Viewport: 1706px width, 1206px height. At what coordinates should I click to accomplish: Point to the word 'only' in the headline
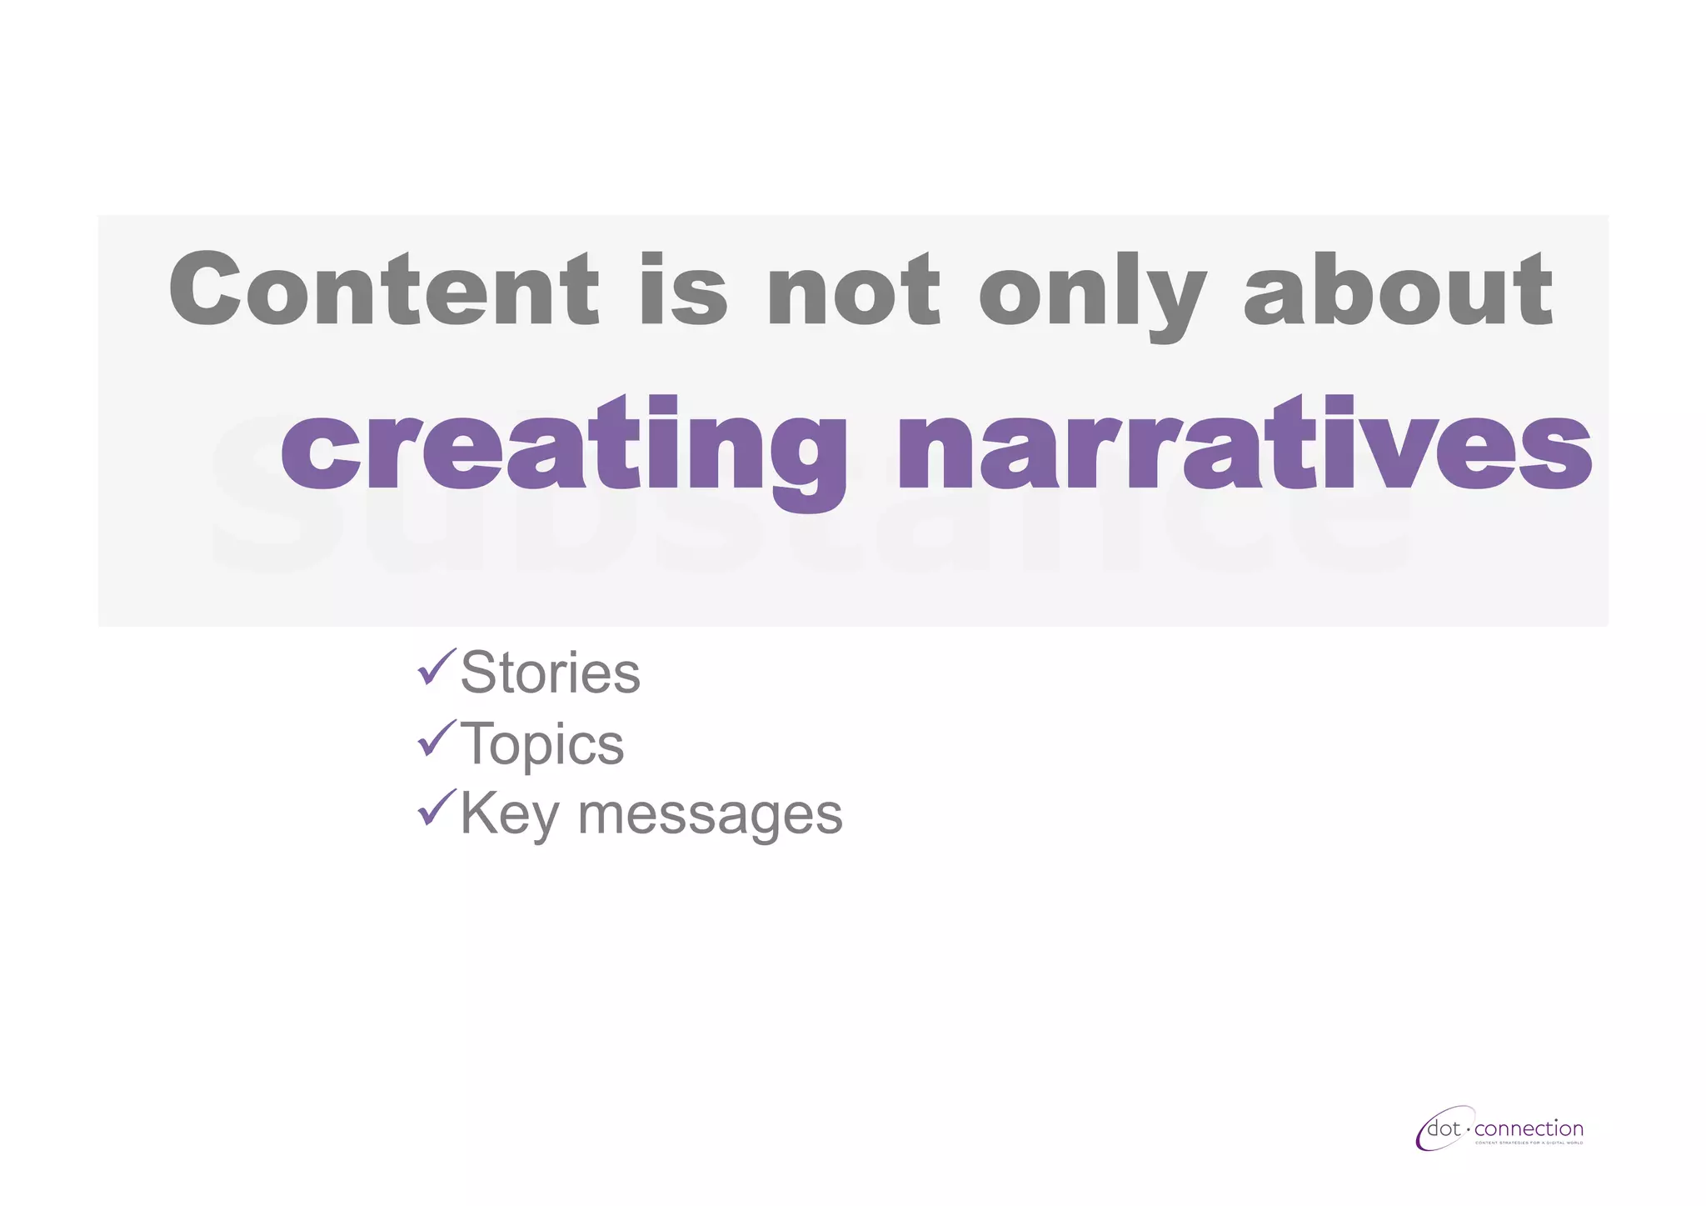coord(1091,292)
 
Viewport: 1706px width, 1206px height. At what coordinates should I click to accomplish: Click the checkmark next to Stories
coord(436,667)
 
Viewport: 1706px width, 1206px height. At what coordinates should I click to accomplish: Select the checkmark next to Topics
coord(436,738)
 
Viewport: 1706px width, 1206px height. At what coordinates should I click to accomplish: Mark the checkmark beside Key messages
coord(436,807)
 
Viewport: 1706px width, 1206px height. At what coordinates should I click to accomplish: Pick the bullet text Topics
coord(541,743)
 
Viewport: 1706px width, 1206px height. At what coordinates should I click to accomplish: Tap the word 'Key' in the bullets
coord(509,813)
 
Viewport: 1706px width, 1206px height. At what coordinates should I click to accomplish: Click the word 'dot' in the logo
coord(1444,1129)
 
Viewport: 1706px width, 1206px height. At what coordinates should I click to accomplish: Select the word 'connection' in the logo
coord(1529,1129)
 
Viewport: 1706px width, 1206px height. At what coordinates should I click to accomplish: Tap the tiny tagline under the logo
coord(1529,1143)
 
